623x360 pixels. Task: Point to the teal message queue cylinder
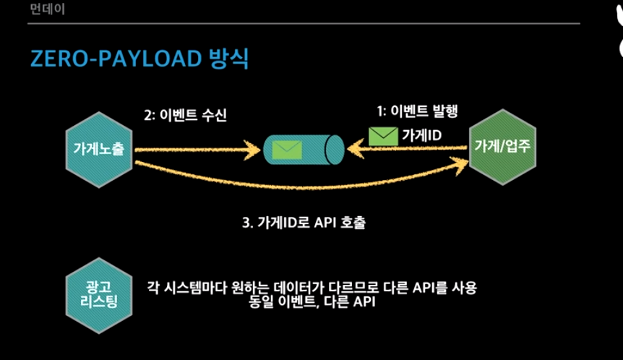click(303, 148)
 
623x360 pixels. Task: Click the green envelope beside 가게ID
click(383, 136)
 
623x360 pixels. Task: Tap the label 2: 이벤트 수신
click(186, 115)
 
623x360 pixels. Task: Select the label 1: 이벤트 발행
click(418, 112)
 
